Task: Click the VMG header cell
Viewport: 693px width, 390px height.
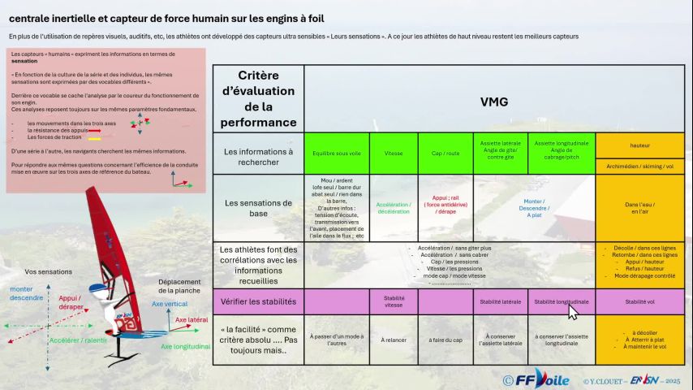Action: coord(493,102)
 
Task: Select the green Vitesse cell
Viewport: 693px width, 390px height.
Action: coord(394,153)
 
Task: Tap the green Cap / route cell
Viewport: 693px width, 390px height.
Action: coord(445,153)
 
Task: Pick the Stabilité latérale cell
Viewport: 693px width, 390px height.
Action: coord(501,301)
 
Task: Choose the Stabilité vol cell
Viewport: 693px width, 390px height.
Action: coord(639,301)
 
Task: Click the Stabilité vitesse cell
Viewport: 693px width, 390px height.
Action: coord(394,301)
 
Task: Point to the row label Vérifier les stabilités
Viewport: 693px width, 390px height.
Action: coord(259,301)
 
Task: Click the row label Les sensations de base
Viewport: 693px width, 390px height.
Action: coord(259,208)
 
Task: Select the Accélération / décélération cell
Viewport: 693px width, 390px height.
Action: coord(394,208)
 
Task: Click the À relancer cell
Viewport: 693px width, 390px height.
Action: coord(394,339)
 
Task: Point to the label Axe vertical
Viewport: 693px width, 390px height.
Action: coord(169,304)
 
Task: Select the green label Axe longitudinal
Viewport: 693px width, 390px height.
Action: coord(186,346)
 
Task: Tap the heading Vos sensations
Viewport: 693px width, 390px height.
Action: coord(49,271)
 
